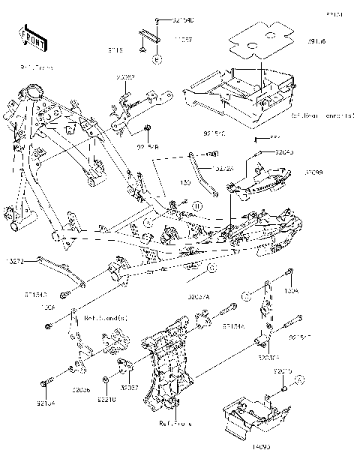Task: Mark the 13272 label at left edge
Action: [x=16, y=261]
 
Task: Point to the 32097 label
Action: [x=125, y=76]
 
